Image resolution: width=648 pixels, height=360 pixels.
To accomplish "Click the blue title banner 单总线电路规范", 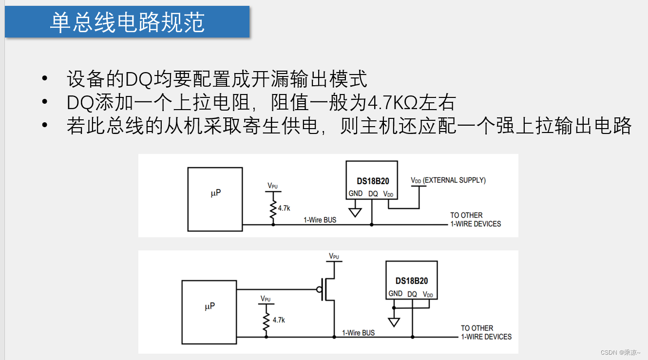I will [x=127, y=22].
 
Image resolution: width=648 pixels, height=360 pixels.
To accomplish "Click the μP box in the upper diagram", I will [x=215, y=199].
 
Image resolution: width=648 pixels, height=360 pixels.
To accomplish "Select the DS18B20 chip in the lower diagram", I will [x=411, y=280].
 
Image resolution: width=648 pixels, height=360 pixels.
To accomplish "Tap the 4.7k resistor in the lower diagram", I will [x=266, y=320].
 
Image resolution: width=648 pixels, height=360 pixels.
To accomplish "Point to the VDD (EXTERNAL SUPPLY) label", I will [x=448, y=180].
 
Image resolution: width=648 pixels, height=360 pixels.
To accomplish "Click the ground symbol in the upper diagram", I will [x=355, y=212].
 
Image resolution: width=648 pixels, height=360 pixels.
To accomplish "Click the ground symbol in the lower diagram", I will [x=394, y=322].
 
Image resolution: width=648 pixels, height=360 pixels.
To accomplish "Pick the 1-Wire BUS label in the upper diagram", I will [x=320, y=220].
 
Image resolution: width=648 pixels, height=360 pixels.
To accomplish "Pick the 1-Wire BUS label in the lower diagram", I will [x=358, y=333].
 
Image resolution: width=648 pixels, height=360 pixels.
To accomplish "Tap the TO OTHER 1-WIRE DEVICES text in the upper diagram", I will [x=475, y=220].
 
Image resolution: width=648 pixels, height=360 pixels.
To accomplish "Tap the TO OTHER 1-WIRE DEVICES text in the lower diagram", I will [x=486, y=332].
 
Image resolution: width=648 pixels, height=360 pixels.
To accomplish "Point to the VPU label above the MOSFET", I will [x=334, y=256].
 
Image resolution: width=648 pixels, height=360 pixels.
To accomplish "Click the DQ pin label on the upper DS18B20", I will [x=373, y=193].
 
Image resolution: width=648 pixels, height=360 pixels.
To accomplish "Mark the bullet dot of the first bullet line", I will [x=45, y=78].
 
